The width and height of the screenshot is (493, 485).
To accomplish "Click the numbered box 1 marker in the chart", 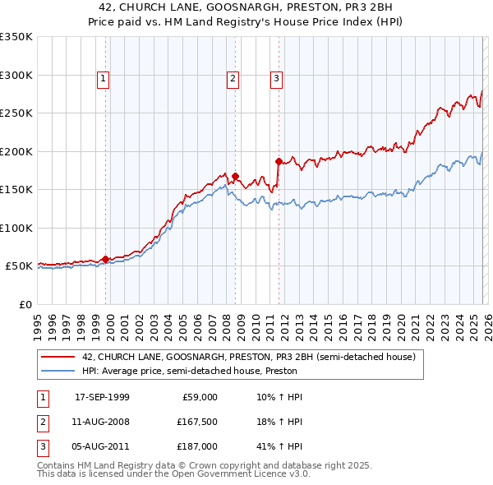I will click(x=104, y=79).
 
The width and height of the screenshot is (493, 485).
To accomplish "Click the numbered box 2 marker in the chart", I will click(x=233, y=79).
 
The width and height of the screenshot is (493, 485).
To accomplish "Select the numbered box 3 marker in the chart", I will click(x=276, y=79).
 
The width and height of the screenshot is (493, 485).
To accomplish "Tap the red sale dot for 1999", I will click(x=106, y=259).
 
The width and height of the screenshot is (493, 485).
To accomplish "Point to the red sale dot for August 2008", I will click(x=235, y=176).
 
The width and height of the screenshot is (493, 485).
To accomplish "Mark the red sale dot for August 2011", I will click(x=279, y=161).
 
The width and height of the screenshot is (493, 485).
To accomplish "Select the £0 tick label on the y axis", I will click(x=25, y=304).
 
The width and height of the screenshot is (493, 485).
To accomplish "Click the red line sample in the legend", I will click(x=58, y=357).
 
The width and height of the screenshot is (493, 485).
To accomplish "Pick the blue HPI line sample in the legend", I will click(x=58, y=371).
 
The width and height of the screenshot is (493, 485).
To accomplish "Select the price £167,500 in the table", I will click(x=196, y=422).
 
